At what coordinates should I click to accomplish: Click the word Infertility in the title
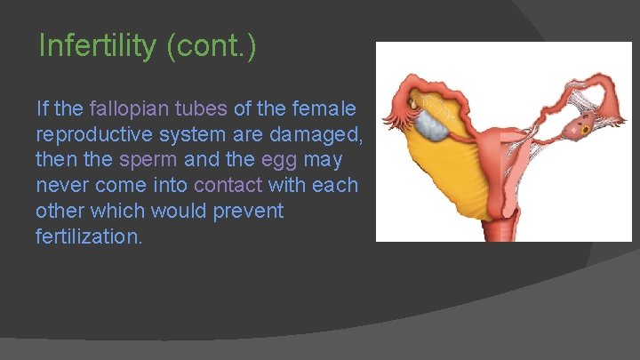[99, 45]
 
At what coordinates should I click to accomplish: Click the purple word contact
[228, 186]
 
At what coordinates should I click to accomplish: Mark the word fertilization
[88, 237]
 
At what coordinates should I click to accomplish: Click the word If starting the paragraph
[42, 109]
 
